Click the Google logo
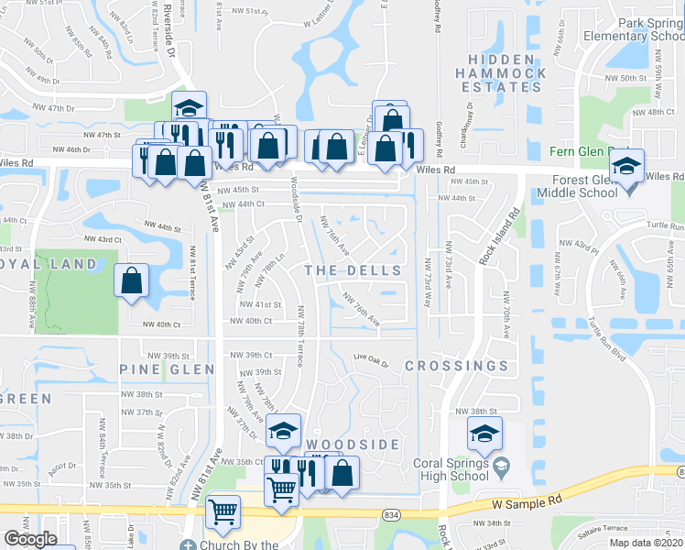pos(30,539)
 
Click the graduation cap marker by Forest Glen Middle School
pos(627,166)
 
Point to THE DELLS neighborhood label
pos(353,270)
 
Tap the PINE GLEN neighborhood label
pos(167,369)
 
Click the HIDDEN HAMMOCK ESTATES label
pos(501,72)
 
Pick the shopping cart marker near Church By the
pos(223,513)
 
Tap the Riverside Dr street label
pos(171,33)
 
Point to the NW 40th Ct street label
pos(253,321)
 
